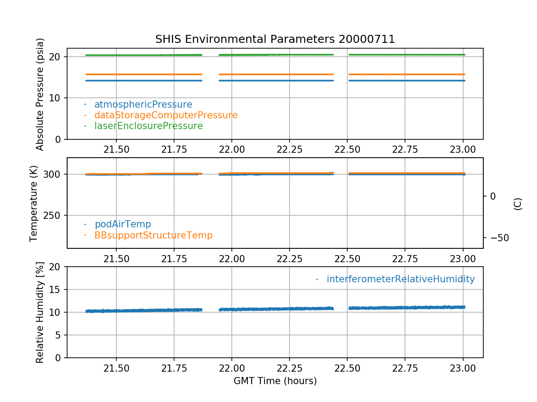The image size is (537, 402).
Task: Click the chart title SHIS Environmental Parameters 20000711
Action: pos(275,39)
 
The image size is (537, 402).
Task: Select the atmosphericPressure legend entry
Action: pos(143,105)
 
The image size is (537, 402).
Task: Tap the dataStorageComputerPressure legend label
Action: pos(166,115)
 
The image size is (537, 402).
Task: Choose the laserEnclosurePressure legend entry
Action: pos(149,126)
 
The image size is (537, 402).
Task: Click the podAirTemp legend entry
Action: pos(123,224)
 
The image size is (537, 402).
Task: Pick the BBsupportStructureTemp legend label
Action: pos(153,235)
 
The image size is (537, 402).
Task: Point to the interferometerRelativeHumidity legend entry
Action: pos(401,279)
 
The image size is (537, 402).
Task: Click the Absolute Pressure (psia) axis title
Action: pos(40,94)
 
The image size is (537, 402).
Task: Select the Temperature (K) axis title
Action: pos(34,203)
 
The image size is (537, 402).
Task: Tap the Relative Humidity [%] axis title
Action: pos(40,312)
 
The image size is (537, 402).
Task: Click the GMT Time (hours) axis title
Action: pos(275,381)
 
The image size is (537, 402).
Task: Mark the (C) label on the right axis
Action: pos(518,204)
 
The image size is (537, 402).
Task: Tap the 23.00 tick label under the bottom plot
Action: pos(463,369)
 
